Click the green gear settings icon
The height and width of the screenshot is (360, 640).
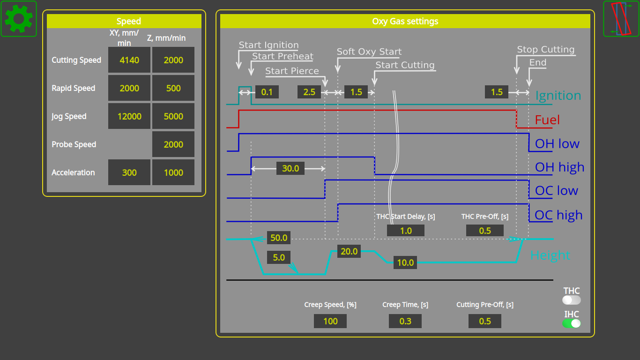19,19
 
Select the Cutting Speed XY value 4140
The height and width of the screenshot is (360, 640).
129,60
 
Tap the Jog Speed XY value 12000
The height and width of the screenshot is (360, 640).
129,116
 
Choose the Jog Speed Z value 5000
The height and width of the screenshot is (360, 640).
173,116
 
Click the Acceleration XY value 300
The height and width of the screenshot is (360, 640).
129,172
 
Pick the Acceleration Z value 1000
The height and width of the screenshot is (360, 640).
173,172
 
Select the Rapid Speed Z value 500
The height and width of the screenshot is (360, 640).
173,88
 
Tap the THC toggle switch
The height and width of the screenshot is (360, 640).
572,300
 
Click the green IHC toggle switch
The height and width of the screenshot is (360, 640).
572,323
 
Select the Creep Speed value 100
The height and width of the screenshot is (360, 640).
330,321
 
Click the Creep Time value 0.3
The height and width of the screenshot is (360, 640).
405,321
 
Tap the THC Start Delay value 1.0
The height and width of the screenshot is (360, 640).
406,231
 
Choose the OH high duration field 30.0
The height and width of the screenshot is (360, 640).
290,168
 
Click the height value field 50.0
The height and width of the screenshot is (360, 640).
279,238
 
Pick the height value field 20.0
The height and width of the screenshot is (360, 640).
349,252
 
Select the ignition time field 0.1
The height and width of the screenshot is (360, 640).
267,92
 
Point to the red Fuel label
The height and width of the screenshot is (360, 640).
547,120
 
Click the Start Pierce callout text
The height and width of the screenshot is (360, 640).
292,71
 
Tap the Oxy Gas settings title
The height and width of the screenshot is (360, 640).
405,21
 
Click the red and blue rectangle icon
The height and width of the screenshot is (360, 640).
621,19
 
